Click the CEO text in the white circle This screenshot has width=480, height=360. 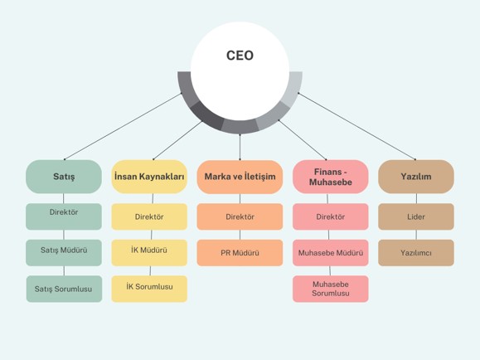(240, 56)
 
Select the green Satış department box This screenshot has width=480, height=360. (64, 177)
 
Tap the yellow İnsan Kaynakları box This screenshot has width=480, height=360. (149, 177)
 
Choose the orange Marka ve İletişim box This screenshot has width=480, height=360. (240, 177)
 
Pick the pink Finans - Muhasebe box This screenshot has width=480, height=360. (331, 177)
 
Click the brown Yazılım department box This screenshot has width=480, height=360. (416, 177)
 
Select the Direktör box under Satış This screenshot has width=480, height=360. (64, 216)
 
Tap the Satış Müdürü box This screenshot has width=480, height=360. (64, 253)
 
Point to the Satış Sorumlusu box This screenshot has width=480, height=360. (64, 289)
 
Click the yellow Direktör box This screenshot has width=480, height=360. (149, 216)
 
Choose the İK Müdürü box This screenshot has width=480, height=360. (149, 253)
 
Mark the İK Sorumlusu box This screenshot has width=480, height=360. (149, 289)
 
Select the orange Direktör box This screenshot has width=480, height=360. (240, 216)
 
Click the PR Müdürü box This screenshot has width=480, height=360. (240, 253)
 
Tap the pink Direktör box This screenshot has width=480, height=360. (331, 216)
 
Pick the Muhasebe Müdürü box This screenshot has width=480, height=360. (331, 253)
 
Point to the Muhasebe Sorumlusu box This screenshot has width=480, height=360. (331, 289)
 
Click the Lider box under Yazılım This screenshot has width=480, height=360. (416, 216)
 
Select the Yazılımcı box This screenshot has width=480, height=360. (416, 253)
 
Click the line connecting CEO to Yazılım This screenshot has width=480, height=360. (357, 126)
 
